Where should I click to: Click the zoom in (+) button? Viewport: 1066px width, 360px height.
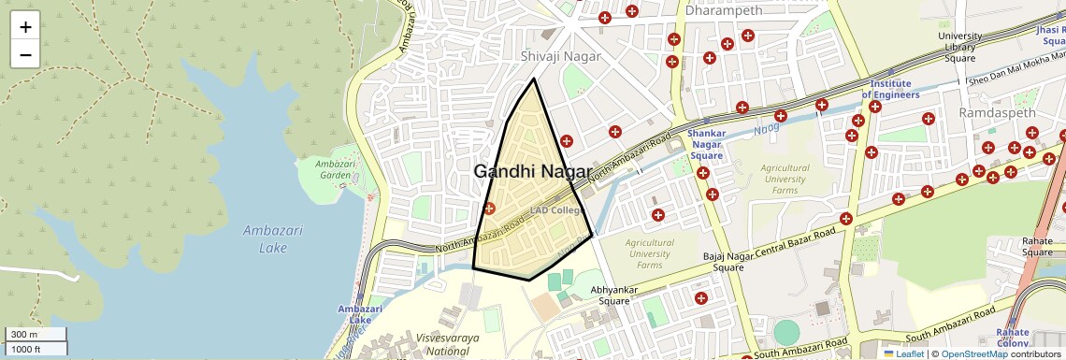pyautogui.click(x=25, y=27)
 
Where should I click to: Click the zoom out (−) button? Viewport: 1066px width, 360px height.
pyautogui.click(x=25, y=54)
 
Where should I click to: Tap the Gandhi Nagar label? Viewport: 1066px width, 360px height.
pyautogui.click(x=532, y=172)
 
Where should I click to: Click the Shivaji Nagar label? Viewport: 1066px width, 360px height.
pyautogui.click(x=559, y=57)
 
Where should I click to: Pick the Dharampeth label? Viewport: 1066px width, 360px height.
pyautogui.click(x=723, y=11)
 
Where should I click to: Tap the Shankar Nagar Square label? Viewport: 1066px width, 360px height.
pyautogui.click(x=707, y=144)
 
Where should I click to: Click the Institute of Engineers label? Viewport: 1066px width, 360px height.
pyautogui.click(x=890, y=89)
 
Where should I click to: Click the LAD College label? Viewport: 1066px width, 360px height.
pyautogui.click(x=555, y=210)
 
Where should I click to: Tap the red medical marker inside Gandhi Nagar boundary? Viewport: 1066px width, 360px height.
pyautogui.click(x=489, y=208)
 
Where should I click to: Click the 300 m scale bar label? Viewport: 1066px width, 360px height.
pyautogui.click(x=24, y=335)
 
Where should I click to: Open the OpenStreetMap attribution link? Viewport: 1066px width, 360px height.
pyautogui.click(x=974, y=354)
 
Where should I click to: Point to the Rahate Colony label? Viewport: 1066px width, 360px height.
pyautogui.click(x=1013, y=338)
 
